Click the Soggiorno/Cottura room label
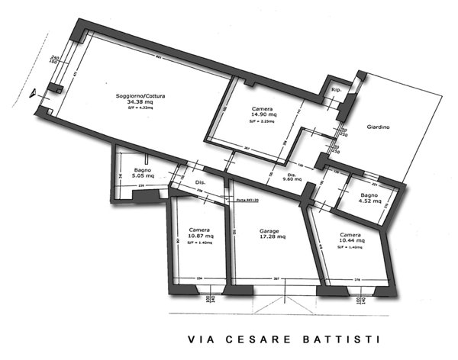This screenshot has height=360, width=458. point(140,96)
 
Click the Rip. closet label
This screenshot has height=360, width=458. point(335,91)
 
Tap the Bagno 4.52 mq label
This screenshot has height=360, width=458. point(374,200)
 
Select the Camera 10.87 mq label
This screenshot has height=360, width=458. point(200,233)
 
